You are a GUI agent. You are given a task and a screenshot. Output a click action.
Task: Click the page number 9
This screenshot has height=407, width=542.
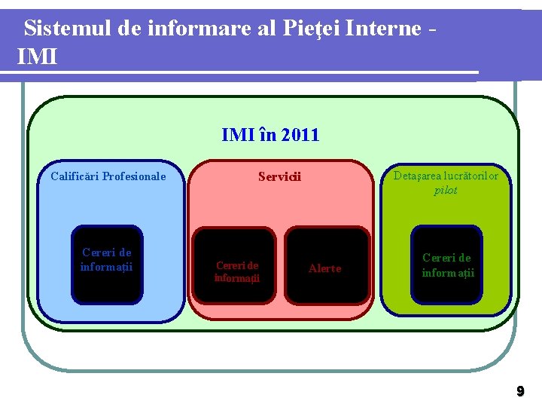pyautogui.click(x=519, y=391)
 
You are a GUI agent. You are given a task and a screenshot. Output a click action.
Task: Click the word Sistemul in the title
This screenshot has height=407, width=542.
pyautogui.click(x=69, y=29)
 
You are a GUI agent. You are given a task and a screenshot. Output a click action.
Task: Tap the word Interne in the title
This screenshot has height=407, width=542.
pyautogui.click(x=383, y=29)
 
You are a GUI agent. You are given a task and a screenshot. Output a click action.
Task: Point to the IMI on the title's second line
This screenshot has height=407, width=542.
pyautogui.click(x=37, y=56)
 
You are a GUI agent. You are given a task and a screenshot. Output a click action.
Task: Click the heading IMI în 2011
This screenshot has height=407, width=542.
pyautogui.click(x=270, y=135)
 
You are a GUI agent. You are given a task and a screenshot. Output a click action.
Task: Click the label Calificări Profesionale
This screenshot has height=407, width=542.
pyautogui.click(x=108, y=176)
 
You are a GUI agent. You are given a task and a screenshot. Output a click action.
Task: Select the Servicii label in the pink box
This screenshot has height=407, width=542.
pyautogui.click(x=279, y=177)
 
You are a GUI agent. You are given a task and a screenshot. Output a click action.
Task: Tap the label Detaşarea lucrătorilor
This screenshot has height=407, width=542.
pyautogui.click(x=446, y=176)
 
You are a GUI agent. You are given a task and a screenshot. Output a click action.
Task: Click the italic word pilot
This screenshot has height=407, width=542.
pyautogui.click(x=446, y=190)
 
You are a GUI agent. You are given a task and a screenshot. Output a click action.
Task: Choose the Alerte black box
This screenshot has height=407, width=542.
pyautogui.click(x=325, y=268)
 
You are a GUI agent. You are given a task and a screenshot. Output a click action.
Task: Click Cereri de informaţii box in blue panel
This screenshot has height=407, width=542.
pyautogui.click(x=107, y=264)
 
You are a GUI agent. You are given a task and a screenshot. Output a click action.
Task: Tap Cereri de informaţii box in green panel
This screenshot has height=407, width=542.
pyautogui.click(x=447, y=265)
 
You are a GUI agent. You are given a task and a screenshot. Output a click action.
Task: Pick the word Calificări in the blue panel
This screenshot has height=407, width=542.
pyautogui.click(x=75, y=176)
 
